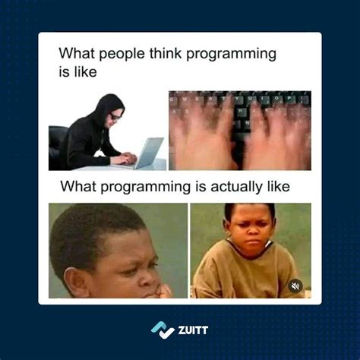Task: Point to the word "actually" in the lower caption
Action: (229, 187)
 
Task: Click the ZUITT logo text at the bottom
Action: (191, 330)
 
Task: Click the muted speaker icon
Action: (295, 286)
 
